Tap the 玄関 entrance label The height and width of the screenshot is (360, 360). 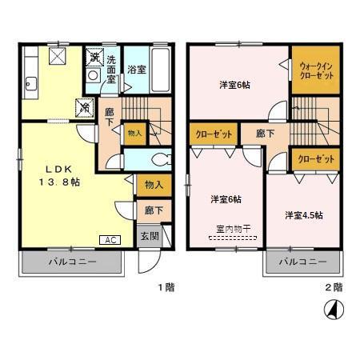150,236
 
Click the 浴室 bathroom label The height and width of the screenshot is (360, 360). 135,70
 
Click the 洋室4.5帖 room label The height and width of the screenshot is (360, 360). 303,215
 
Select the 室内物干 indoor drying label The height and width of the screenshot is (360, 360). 233,229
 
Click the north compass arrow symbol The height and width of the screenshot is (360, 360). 330,307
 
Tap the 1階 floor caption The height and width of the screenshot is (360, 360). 165,286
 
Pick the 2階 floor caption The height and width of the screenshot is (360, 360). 334,286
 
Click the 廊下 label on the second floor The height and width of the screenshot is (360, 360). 255,134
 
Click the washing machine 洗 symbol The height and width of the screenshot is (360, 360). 94,57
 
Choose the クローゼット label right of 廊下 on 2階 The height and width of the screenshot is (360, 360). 315,159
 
